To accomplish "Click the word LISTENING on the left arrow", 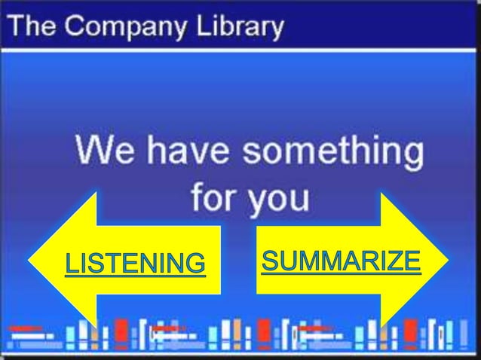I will pos(134,264).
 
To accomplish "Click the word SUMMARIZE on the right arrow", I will pos(340,261).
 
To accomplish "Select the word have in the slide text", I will pos(187,154).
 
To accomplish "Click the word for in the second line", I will pos(213,197).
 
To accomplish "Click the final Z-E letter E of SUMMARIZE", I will pos(411,261).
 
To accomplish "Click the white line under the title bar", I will pos(240,49).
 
